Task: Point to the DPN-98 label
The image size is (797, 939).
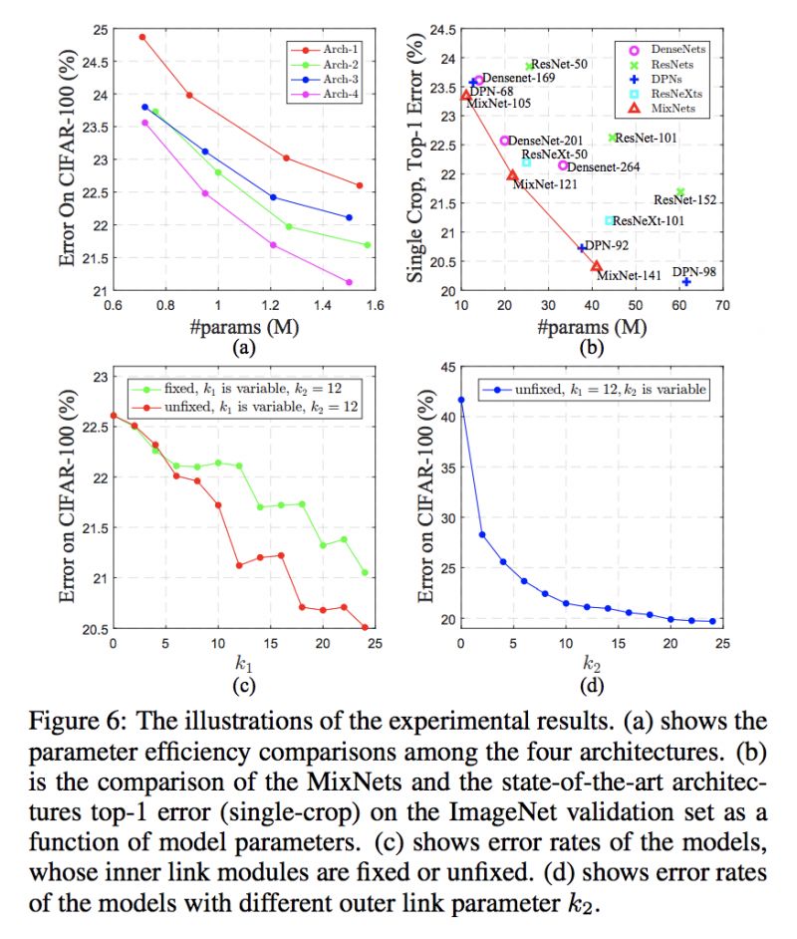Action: [x=693, y=271]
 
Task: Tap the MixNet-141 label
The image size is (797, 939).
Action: [x=628, y=275]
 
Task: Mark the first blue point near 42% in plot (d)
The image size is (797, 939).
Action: [x=460, y=400]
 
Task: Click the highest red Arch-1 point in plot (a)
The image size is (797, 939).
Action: [x=142, y=37]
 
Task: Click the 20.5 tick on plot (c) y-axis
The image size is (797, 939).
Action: [x=91, y=629]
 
